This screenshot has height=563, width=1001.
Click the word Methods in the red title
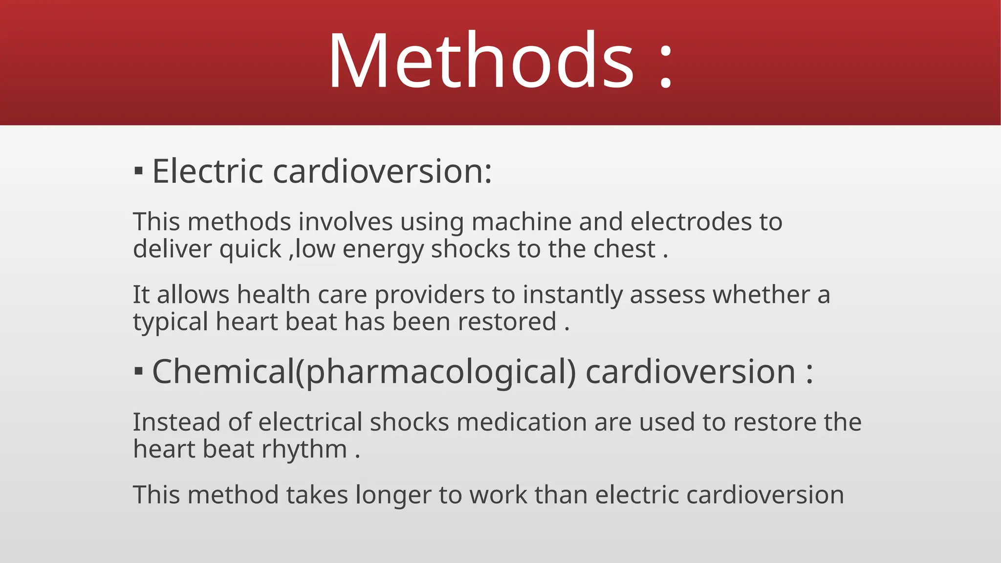[481, 61]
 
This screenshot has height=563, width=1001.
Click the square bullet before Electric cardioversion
[139, 172]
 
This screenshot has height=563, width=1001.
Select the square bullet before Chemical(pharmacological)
[139, 371]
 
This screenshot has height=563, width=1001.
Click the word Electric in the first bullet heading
[208, 172]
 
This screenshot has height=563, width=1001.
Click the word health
[274, 295]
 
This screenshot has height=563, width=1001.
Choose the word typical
[171, 323]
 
